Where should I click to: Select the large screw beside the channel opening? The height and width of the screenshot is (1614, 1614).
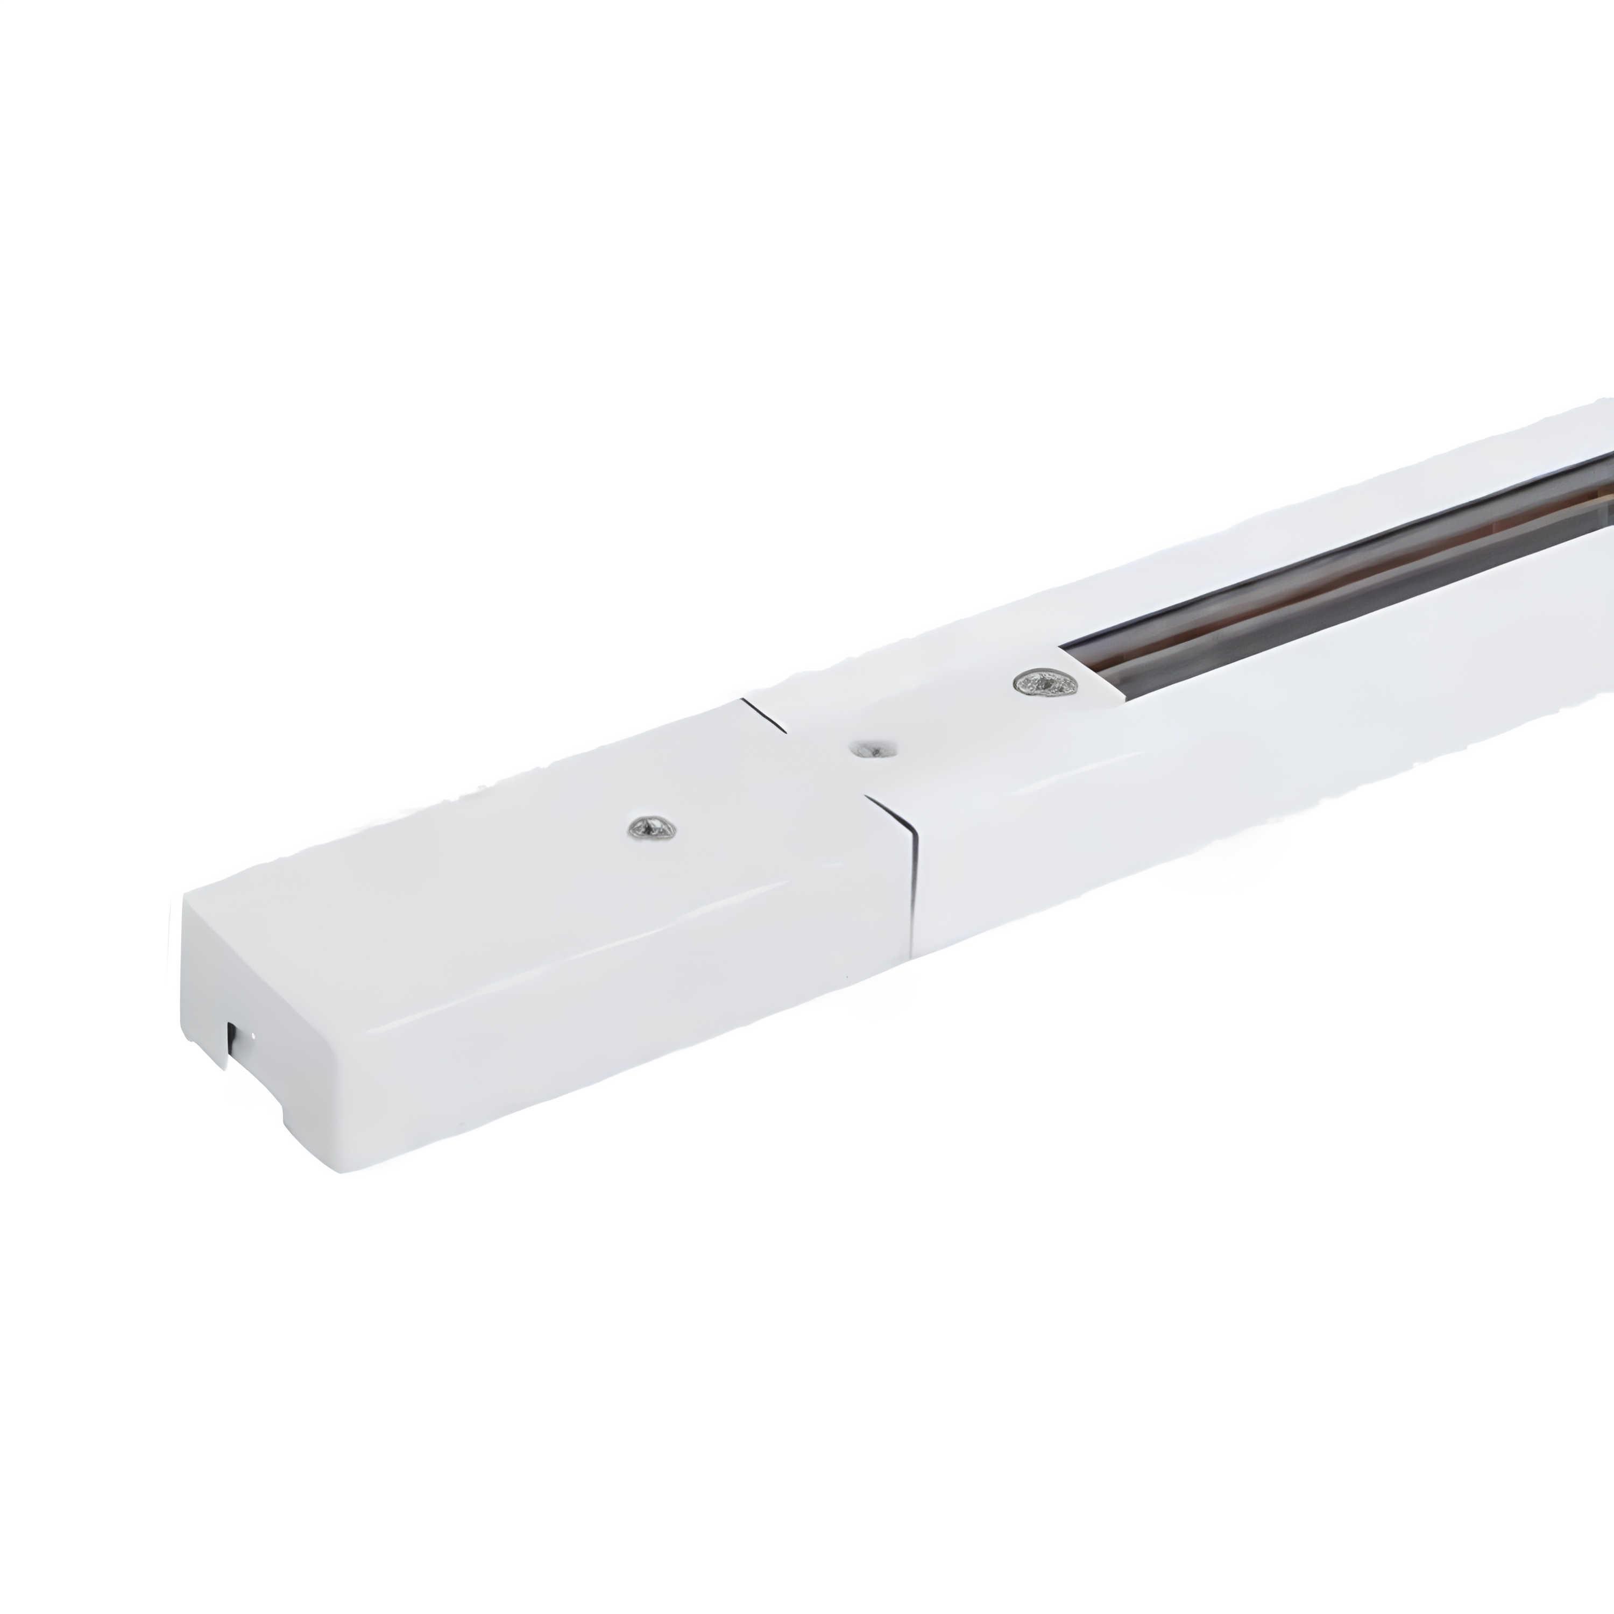(x=1044, y=683)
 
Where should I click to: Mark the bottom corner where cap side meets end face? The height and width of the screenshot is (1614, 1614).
(x=343, y=1170)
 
